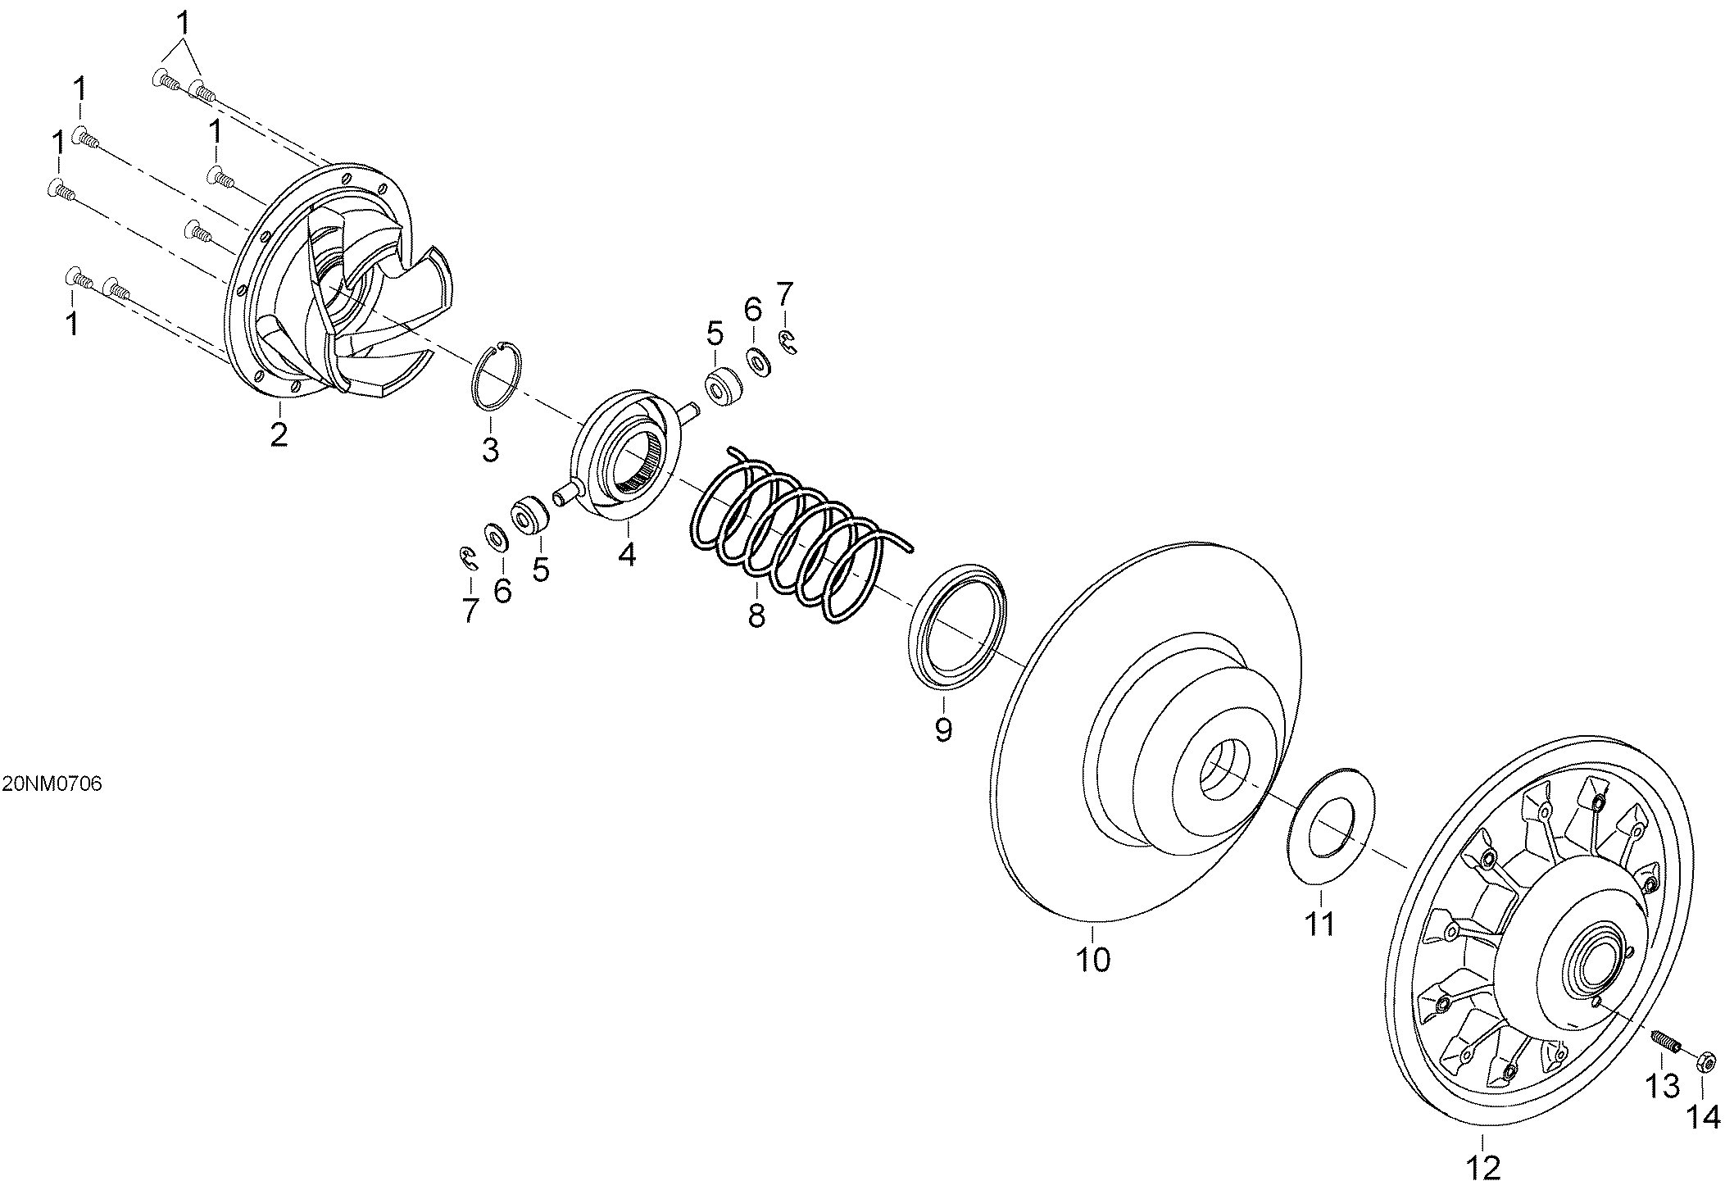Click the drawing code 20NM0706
(52, 784)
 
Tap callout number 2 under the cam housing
(279, 433)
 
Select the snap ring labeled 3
(495, 374)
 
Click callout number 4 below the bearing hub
(626, 555)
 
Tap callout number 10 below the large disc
(1092, 958)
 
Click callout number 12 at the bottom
(1485, 1167)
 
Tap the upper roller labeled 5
(724, 387)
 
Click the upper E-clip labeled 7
(789, 343)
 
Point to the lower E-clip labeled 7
(468, 557)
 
